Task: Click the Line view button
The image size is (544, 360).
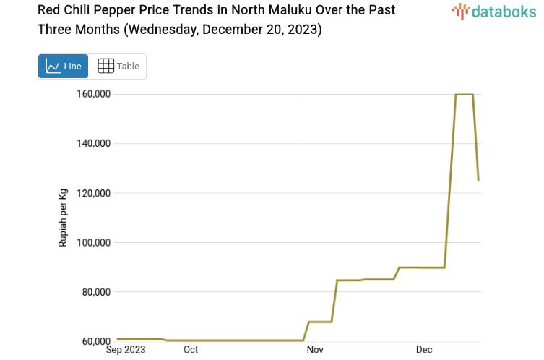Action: pyautogui.click(x=63, y=66)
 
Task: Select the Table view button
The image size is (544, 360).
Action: pyautogui.click(x=118, y=66)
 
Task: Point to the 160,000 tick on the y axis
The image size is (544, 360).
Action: pyautogui.click(x=93, y=94)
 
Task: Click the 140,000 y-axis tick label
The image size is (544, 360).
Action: pyautogui.click(x=93, y=143)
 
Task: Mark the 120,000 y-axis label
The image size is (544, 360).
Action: pyautogui.click(x=93, y=193)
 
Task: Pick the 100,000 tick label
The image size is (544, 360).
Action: pyautogui.click(x=93, y=242)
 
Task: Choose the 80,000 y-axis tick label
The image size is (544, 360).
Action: pyautogui.click(x=95, y=292)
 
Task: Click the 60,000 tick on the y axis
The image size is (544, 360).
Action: pyautogui.click(x=95, y=341)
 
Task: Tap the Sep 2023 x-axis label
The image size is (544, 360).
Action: pyautogui.click(x=126, y=350)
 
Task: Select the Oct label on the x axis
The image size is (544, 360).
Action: pyautogui.click(x=191, y=350)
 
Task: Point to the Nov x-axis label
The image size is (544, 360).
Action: pyautogui.click(x=315, y=350)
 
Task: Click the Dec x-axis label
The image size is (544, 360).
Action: pyautogui.click(x=424, y=350)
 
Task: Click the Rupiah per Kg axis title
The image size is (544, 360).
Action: pyautogui.click(x=63, y=218)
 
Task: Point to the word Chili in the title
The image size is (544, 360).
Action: pyautogui.click(x=80, y=11)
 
